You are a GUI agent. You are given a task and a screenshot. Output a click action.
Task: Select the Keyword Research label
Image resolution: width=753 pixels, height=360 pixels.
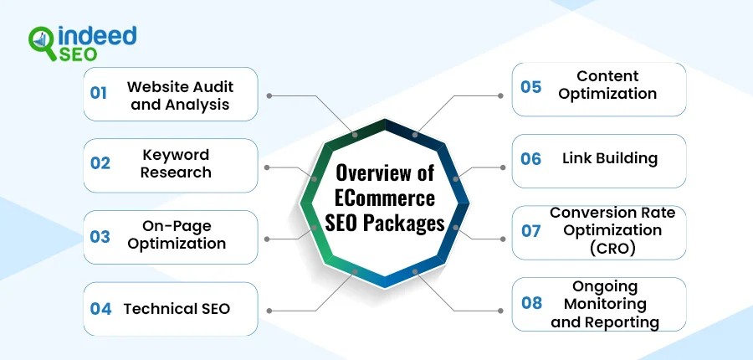tap(176, 163)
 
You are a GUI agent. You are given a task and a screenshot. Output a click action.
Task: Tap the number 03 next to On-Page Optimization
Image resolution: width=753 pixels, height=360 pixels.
tap(100, 236)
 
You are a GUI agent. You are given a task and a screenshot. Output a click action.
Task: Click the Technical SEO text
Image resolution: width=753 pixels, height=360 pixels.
tap(177, 308)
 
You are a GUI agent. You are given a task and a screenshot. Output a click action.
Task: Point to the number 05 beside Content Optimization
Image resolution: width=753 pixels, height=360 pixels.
tap(530, 86)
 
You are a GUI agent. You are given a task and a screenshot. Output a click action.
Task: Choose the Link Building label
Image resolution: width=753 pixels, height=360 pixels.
tap(610, 158)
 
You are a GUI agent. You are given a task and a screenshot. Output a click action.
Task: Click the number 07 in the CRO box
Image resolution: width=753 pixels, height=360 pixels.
tap(531, 230)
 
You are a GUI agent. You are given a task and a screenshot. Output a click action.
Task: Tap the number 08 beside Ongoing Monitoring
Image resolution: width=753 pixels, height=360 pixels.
tap(531, 302)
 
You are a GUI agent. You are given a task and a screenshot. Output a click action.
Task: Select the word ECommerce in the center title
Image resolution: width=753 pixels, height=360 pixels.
tap(385, 198)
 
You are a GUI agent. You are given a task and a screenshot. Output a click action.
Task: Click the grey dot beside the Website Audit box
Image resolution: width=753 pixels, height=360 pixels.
tap(269, 95)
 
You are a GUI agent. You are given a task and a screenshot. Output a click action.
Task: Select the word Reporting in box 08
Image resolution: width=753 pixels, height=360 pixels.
tap(617, 321)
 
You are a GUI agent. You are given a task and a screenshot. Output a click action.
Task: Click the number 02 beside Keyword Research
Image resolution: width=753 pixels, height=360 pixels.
tap(100, 163)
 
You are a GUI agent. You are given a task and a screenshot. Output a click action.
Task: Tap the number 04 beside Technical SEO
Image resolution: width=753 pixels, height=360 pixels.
tap(100, 308)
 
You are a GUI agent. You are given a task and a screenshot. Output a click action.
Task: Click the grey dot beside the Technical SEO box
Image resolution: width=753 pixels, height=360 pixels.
tap(269, 309)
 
